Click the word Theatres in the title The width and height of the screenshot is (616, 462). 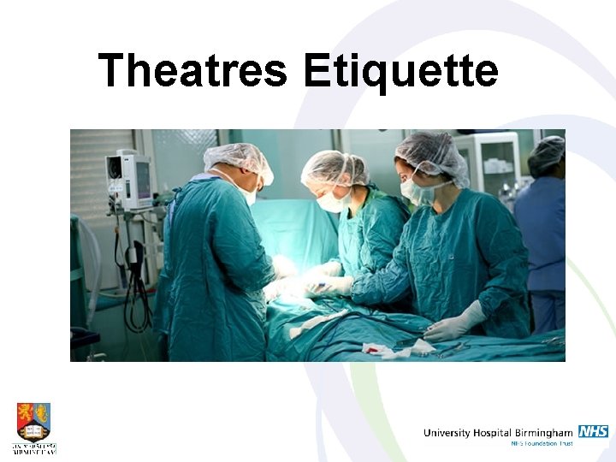[x=192, y=71]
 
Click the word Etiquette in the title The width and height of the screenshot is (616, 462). [x=400, y=71]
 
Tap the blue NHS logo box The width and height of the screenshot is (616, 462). [x=593, y=431]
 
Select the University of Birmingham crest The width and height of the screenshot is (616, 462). [x=33, y=422]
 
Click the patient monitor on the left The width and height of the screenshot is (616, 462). [x=128, y=179]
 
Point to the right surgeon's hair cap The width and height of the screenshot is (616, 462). [x=433, y=154]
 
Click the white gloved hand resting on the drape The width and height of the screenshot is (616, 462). [x=453, y=324]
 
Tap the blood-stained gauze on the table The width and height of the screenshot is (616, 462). [x=377, y=350]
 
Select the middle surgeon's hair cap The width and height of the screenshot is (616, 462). [x=334, y=166]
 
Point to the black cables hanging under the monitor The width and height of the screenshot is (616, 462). [x=133, y=274]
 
